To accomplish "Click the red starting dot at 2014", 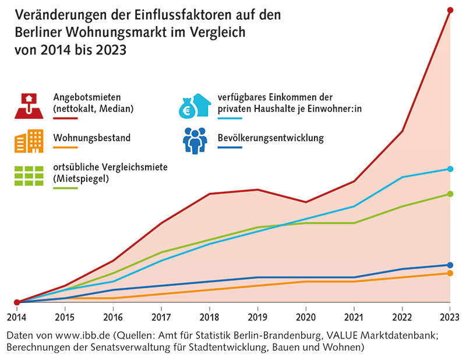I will [17, 302].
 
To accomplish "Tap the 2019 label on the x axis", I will [257, 317].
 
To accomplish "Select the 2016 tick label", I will [113, 317].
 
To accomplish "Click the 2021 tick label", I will [354, 317].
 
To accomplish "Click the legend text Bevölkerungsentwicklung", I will [270, 138].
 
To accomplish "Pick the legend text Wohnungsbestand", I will [91, 138].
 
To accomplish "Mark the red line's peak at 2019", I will [257, 189].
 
